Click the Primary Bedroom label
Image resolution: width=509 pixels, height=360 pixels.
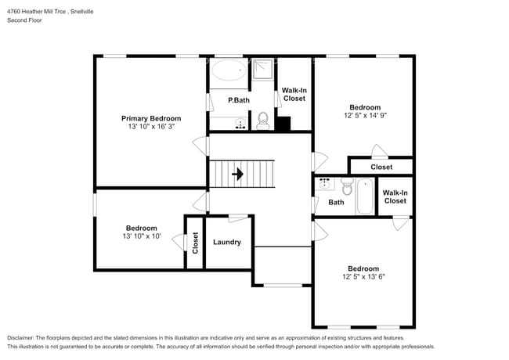click(150, 118)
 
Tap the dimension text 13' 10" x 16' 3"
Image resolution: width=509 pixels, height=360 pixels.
click(150, 127)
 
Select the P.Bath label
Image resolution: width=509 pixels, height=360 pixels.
click(239, 100)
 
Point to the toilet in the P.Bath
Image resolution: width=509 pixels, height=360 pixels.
click(263, 121)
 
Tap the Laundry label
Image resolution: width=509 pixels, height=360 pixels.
click(227, 242)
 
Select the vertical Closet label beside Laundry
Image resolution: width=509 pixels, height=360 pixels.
click(195, 243)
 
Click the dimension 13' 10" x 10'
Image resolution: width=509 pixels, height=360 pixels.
click(141, 236)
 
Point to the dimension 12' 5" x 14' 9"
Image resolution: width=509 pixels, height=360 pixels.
click(365, 116)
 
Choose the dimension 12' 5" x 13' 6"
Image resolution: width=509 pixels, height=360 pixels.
click(363, 275)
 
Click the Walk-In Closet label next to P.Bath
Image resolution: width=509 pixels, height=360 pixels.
click(294, 94)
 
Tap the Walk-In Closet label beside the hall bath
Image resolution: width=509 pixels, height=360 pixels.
click(395, 196)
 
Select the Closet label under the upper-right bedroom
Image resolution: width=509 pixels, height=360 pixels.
click(381, 167)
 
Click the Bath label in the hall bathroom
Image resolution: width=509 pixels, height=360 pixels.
click(336, 202)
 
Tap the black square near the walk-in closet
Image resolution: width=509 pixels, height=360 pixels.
click(283, 124)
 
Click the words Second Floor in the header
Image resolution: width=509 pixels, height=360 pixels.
click(26, 20)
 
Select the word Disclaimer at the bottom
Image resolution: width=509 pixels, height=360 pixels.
click(23, 337)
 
